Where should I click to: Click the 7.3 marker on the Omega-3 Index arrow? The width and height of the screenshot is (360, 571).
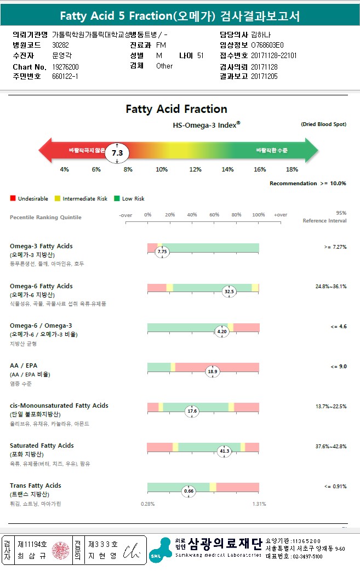117,153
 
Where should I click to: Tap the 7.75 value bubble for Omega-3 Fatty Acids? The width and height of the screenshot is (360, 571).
161,252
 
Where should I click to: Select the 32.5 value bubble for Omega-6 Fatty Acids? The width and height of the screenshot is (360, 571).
229,292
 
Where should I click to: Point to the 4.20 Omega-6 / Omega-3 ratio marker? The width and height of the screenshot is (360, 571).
222,332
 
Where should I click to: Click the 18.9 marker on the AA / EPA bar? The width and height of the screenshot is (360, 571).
212,372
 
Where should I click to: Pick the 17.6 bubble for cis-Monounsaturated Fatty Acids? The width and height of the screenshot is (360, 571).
192,411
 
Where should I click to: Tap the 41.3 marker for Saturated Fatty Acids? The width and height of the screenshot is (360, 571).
224,451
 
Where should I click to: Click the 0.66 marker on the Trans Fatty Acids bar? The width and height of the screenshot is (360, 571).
189,491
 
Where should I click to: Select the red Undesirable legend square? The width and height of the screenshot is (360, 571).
13,198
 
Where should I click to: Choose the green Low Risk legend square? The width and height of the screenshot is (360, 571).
117,198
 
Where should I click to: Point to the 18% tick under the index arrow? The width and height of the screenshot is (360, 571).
292,169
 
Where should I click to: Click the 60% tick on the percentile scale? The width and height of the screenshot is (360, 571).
214,215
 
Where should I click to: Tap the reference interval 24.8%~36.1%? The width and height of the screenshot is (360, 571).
331,287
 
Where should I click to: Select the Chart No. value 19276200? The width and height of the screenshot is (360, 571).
65,66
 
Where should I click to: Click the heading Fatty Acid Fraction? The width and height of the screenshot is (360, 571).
176,109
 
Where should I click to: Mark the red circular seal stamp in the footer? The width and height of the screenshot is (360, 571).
61,550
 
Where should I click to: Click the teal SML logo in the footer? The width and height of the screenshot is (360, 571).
160,550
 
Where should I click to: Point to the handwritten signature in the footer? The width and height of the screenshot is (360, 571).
132,550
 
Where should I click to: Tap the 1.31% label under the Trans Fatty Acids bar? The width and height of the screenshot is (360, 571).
259,504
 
